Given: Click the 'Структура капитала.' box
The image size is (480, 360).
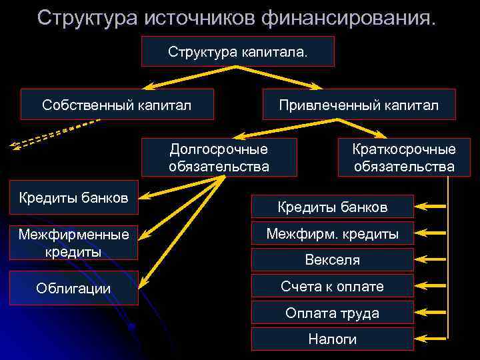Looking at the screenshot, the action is tap(237, 51).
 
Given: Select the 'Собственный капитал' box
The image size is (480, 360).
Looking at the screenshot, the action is tap(117, 105).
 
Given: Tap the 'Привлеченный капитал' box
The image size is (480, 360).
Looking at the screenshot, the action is tap(359, 105).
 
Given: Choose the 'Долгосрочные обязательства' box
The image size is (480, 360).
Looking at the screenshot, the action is tap(219, 157).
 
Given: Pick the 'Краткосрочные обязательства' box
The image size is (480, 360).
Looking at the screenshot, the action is tap(404, 157).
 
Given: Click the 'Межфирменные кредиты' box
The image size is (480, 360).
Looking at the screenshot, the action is tap(73, 243).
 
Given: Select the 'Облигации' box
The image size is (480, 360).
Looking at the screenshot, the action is tap(73, 288).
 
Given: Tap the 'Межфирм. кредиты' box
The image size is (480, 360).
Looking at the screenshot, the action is tap(332, 234).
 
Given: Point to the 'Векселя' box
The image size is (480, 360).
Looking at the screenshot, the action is tap(332, 260).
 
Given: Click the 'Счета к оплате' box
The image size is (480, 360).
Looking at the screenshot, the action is tap(332, 287).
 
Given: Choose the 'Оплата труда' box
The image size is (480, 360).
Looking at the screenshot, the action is tap(332, 313).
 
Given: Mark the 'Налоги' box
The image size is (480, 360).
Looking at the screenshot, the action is tap(332, 339).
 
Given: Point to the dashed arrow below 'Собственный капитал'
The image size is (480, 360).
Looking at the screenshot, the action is tap(53, 133).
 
